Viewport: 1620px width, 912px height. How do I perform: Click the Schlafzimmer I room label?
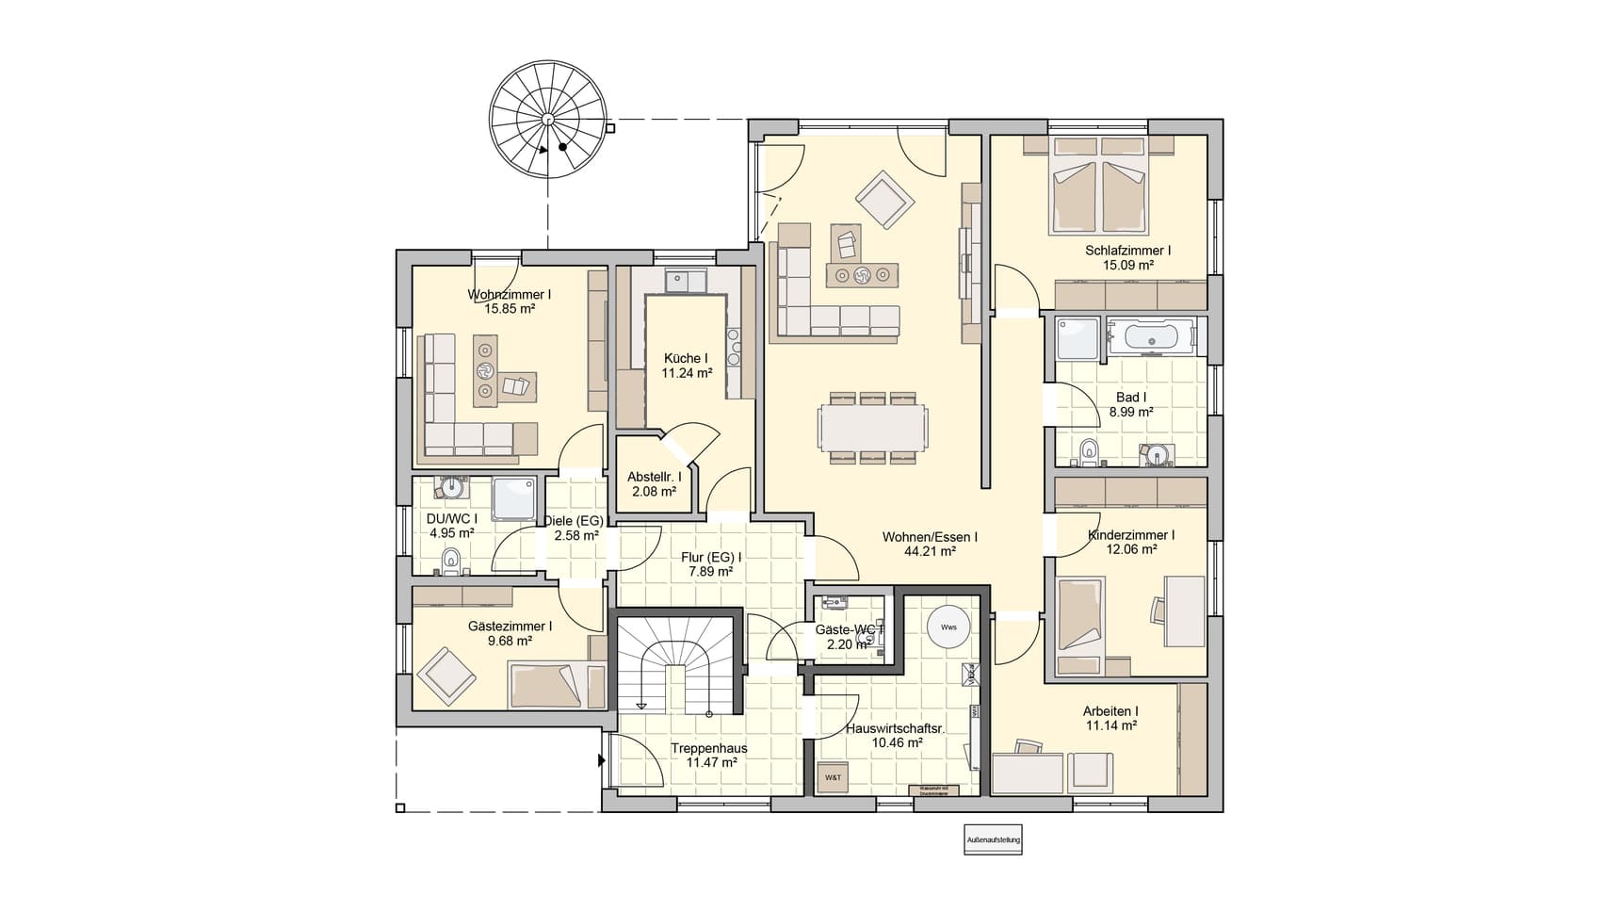(1127, 251)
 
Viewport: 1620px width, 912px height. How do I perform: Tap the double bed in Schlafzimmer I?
(1099, 187)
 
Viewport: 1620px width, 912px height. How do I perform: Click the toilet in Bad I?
(1090, 451)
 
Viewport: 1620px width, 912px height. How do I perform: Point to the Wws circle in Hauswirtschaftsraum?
(948, 627)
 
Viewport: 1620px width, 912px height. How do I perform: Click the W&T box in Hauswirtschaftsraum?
(834, 777)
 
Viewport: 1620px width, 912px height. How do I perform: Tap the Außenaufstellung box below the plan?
(993, 839)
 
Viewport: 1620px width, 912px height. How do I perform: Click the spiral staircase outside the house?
(547, 120)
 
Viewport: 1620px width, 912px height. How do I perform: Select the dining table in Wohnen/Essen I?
(872, 427)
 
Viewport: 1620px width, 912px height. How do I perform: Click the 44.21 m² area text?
(931, 551)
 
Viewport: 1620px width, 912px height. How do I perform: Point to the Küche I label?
(686, 358)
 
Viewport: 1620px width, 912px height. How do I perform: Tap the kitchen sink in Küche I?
(686, 280)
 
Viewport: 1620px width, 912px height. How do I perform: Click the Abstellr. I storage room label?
(654, 477)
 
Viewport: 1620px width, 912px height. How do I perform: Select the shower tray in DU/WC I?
(514, 498)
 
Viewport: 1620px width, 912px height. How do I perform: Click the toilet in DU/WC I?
(451, 562)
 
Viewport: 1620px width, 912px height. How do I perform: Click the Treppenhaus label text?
(709, 749)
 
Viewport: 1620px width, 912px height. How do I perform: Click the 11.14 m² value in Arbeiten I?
(1110, 725)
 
